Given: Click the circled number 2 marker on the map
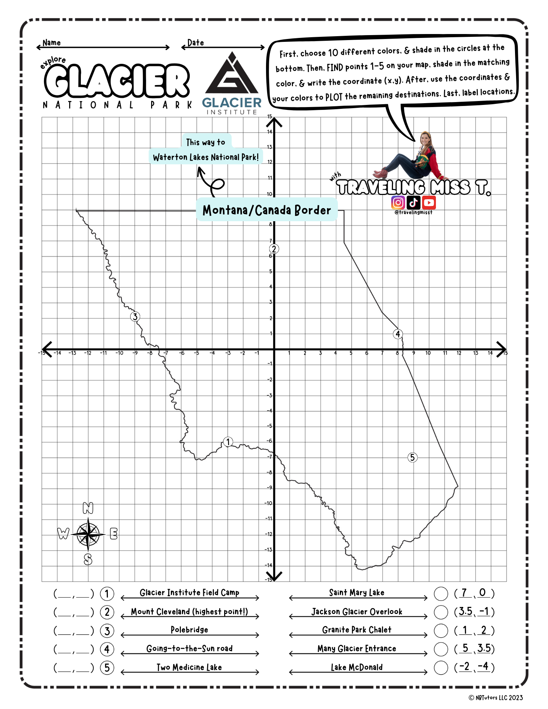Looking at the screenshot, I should tap(274, 249).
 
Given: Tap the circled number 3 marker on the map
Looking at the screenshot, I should tap(135, 317).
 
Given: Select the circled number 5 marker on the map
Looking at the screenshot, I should tap(412, 457).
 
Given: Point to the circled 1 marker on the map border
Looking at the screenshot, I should tap(228, 442).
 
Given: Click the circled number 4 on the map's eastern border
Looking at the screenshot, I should tap(398, 334).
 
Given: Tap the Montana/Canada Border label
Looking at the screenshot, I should tap(266, 210).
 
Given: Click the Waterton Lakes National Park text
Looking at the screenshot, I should tap(206, 157).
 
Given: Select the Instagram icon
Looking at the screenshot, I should tap(398, 202).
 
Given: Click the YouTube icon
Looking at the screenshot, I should tap(429, 202).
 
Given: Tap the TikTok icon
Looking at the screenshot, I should tap(414, 202).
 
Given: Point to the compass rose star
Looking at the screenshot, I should tap(88, 534).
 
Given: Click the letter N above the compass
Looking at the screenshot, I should tap(88, 508).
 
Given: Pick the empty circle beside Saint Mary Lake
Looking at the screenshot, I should tap(441, 593).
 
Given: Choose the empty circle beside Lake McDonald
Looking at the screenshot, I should tap(441, 668).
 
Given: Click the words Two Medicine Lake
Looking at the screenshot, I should tap(189, 667).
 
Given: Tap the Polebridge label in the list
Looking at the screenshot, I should tap(189, 630).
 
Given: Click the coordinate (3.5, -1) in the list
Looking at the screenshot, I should tap(474, 612).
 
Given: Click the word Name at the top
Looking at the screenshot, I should tap(52, 43).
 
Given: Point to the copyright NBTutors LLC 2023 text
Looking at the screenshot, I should tap(496, 698).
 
